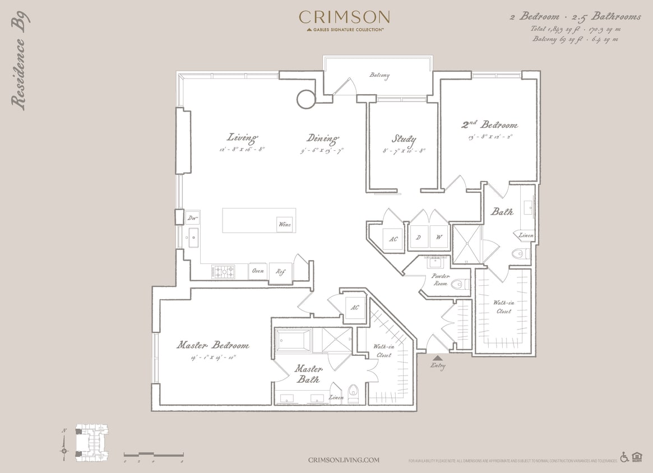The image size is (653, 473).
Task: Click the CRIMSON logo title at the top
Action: coord(344,17)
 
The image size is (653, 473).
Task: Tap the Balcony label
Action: coord(379,75)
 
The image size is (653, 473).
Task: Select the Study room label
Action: coord(404,138)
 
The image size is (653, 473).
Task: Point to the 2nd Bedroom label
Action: coord(489,124)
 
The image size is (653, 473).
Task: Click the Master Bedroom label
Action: coord(213,345)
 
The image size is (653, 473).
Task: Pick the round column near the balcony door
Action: coord(307,99)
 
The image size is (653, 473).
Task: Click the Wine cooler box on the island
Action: coord(285,224)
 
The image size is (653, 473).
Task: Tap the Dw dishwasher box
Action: coord(192,217)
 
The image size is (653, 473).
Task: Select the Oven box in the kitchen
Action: coord(258,271)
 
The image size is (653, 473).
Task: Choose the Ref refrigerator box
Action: coord(280,271)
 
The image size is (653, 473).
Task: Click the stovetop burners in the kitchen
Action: coord(223,272)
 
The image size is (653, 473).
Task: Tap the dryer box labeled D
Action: coord(418,237)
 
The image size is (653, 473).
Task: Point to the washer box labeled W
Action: coord(439,237)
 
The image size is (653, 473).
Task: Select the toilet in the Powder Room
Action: coord(460,285)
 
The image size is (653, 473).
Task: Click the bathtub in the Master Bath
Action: coord(293,341)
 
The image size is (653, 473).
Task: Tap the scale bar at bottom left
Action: coord(154,454)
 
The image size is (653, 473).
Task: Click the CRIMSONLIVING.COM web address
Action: coord(344,460)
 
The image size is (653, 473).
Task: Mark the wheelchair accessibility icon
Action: coord(624,457)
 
